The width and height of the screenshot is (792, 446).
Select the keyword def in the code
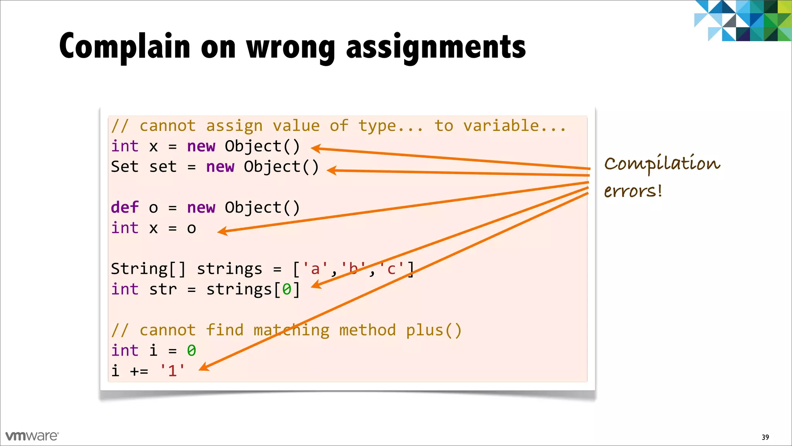coord(125,208)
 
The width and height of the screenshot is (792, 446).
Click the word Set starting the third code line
coord(125,166)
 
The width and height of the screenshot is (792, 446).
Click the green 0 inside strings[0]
coord(287,289)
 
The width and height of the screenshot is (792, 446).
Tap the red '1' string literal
coord(172,371)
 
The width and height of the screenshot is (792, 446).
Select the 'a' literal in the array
coord(315,269)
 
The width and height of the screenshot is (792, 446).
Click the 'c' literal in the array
coord(391,269)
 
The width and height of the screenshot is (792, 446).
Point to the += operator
coord(139,371)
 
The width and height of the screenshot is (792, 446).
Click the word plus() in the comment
coord(434,330)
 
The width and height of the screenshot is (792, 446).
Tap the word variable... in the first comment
coord(514,126)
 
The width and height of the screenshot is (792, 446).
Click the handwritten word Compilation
coord(662,163)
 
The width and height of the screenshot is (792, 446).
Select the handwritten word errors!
coord(633,191)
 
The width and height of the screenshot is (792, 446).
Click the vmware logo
coord(32,436)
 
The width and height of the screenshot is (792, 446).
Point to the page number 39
coord(765,437)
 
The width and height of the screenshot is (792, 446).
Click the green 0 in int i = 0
coord(191,351)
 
